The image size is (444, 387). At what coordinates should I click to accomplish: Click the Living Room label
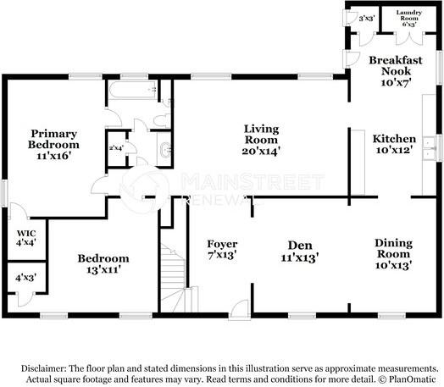point(261,134)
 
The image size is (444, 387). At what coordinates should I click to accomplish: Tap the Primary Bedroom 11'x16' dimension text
point(53,156)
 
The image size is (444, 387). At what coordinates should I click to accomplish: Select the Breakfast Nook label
point(396,65)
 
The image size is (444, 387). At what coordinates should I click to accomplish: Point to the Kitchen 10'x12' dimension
point(394,150)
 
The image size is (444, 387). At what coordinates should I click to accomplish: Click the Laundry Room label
point(409,15)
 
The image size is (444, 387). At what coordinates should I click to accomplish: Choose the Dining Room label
point(394,248)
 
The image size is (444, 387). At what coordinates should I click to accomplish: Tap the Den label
point(300,246)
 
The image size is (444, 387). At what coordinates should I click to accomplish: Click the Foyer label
point(222,244)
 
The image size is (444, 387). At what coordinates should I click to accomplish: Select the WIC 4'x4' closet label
point(26,238)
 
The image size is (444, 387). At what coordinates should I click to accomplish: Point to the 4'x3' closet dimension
point(26,278)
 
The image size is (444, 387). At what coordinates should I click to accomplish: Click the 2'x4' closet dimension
point(116,147)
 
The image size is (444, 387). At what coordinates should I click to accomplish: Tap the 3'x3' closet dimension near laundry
point(367,19)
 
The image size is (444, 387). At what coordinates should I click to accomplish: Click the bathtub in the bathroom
point(132,91)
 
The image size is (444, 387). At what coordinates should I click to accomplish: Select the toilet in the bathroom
point(162,120)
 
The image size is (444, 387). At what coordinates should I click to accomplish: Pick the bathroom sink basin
point(165,150)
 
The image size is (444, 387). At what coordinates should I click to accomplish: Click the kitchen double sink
point(430,148)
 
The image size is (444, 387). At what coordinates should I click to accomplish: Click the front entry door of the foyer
point(240,309)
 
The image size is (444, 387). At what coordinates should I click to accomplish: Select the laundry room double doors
point(409,39)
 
